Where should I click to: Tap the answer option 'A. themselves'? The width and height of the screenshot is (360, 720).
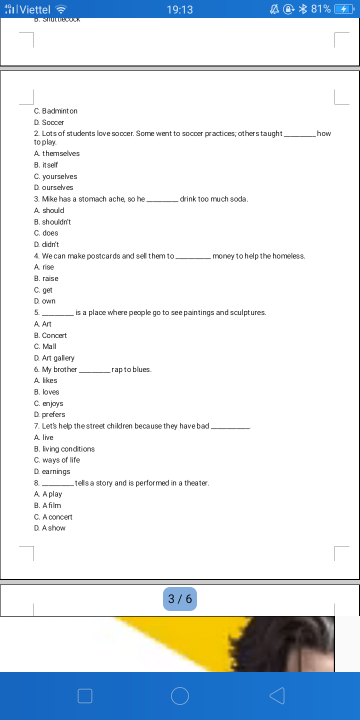pyautogui.click(x=56, y=153)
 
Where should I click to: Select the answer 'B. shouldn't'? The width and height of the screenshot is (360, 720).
pyautogui.click(x=52, y=221)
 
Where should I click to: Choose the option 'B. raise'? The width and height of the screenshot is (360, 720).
pyautogui.click(x=46, y=278)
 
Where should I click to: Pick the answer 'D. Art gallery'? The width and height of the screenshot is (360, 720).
pyautogui.click(x=54, y=358)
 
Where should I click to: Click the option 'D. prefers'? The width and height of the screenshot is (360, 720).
pyautogui.click(x=49, y=414)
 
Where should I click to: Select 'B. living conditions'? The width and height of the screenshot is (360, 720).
pyautogui.click(x=64, y=449)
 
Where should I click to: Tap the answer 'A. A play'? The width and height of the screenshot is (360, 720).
pyautogui.click(x=48, y=494)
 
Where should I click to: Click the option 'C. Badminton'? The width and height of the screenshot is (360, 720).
pyautogui.click(x=55, y=111)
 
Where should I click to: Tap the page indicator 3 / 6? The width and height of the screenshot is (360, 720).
pyautogui.click(x=180, y=599)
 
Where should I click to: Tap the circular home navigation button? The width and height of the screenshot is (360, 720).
pyautogui.click(x=180, y=696)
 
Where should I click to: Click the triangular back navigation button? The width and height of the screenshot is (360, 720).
pyautogui.click(x=276, y=696)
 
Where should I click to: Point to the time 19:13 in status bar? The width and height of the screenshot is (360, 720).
pyautogui.click(x=179, y=9)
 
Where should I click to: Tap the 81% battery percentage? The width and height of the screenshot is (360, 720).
pyautogui.click(x=320, y=9)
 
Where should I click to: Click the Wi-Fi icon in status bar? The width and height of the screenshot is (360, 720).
pyautogui.click(x=61, y=9)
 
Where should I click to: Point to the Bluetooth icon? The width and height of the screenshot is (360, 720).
pyautogui.click(x=302, y=9)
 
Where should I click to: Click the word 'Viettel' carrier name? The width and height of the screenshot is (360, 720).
pyautogui.click(x=35, y=9)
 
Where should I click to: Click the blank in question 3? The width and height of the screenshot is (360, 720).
pyautogui.click(x=162, y=199)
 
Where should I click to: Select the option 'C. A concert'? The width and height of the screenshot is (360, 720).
pyautogui.click(x=53, y=517)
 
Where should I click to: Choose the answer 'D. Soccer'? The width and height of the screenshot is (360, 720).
pyautogui.click(x=49, y=122)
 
